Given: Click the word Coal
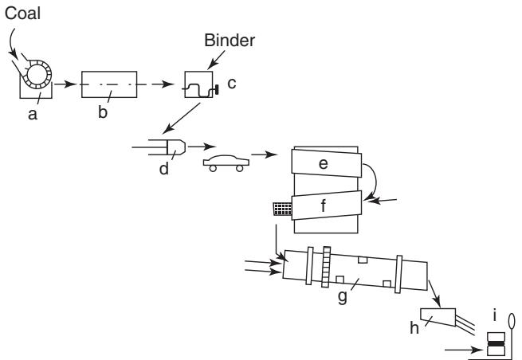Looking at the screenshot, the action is (22, 14).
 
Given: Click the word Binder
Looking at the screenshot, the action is (230, 41).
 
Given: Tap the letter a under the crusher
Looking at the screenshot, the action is (33, 115).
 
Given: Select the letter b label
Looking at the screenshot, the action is (103, 112).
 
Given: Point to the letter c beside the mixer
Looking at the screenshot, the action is (232, 84).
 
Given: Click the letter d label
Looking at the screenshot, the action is (164, 168).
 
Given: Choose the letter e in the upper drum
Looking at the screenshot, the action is (324, 164).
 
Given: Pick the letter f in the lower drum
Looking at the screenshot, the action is (324, 205).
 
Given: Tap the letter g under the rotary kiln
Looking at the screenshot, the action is (342, 297).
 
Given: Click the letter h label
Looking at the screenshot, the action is (414, 328).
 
